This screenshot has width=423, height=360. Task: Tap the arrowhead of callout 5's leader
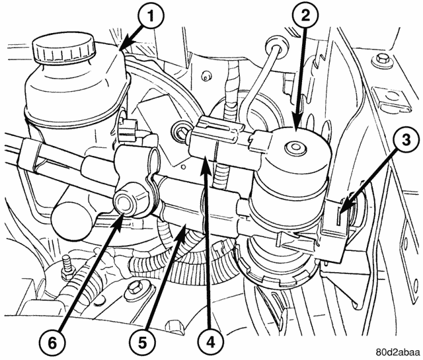(x=186, y=225)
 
